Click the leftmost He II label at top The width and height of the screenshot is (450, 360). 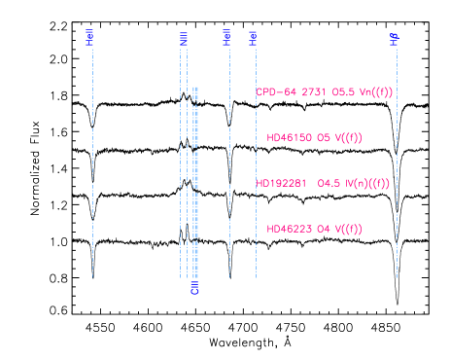coord(90,37)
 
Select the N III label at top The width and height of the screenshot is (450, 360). coord(184,39)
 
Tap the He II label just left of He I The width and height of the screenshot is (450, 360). coord(226,37)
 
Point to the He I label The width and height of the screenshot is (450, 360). coord(254,38)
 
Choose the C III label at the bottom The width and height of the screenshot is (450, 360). coord(195,287)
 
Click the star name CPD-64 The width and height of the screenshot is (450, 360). coord(277,92)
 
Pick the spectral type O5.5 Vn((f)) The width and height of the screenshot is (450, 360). coord(363,92)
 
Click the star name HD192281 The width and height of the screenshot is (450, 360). coord(281,183)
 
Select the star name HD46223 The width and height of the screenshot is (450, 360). coord(288,230)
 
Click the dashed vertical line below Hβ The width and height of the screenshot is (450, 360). coord(397,195)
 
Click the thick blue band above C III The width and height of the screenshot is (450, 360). coord(195,185)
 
